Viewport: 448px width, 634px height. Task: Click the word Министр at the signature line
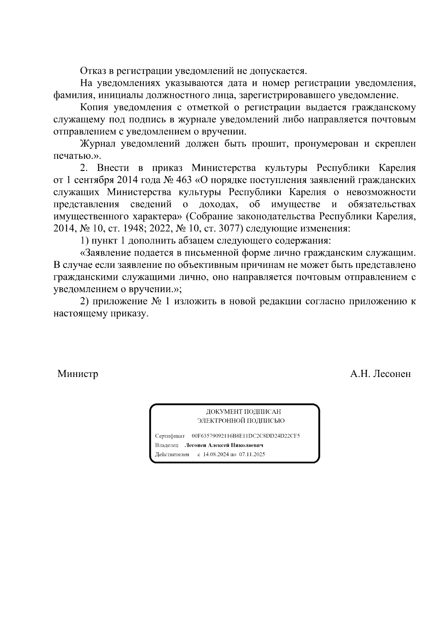[78, 374]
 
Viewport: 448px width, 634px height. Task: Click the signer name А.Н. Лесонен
[380, 374]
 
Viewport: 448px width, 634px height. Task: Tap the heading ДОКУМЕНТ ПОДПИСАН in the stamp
[243, 412]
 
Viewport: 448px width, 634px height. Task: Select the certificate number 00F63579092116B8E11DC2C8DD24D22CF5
[246, 436]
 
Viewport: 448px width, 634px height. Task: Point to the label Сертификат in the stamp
[170, 436]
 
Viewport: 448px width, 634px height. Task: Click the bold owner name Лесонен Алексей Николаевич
[224, 445]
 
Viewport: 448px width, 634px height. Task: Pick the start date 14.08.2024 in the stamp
[215, 455]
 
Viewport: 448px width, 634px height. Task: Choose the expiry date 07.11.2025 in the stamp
[252, 455]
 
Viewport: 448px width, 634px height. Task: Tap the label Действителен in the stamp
[172, 455]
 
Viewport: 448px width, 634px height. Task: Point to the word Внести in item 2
[113, 168]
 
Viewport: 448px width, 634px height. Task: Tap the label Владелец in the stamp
[167, 445]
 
